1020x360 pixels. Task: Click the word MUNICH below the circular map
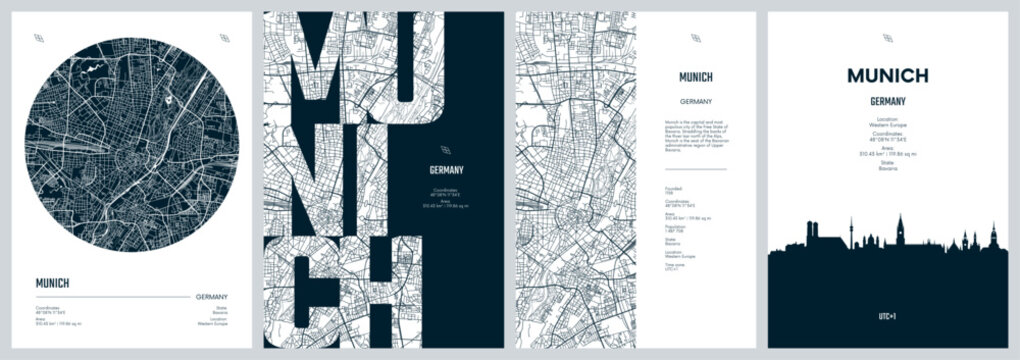pos(53,283)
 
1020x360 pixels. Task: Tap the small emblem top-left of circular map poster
pos(37,38)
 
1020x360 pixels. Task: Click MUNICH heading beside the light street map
pos(695,77)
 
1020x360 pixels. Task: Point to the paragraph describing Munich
pos(698,134)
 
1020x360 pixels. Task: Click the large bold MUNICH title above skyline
pos(887,76)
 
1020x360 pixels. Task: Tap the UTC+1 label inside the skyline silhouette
pos(887,317)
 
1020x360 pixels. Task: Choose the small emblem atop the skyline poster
pos(887,38)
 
